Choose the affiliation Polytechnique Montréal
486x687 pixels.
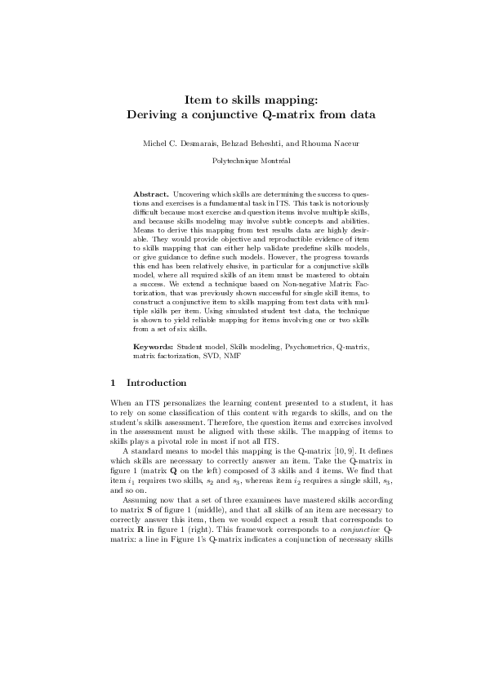[243, 162]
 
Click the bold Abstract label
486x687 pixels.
[151, 194]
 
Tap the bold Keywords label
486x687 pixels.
[154, 347]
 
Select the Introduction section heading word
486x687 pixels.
[157, 383]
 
